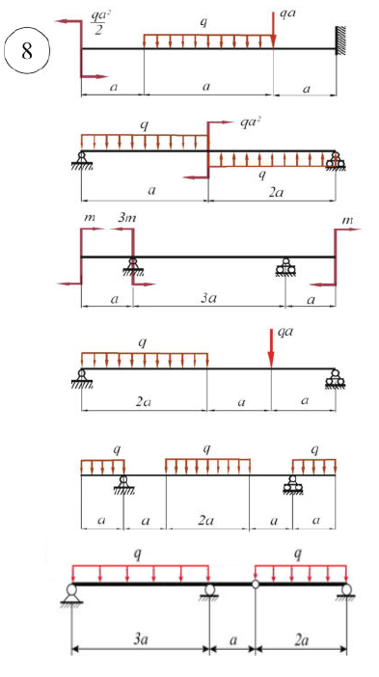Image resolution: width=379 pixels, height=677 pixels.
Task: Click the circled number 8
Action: click(27, 51)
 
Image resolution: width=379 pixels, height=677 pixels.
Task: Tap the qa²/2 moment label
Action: click(95, 22)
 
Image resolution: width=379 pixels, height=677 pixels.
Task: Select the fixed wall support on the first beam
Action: click(341, 41)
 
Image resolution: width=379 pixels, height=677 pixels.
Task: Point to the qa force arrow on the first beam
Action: click(273, 29)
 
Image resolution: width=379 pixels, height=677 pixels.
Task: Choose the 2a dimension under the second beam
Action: click(275, 191)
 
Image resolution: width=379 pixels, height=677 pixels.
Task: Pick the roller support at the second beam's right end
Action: click(335, 161)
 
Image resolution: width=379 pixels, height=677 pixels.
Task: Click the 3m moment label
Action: click(127, 219)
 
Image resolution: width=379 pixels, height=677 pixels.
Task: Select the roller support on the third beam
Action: click(285, 267)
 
